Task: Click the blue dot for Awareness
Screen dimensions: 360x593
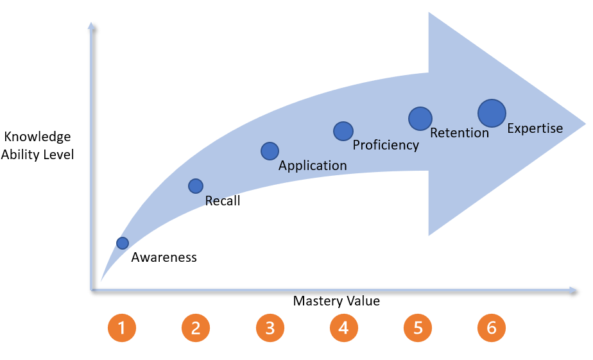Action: pos(123,243)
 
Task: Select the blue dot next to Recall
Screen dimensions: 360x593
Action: pos(196,186)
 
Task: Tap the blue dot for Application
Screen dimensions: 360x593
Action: pos(270,151)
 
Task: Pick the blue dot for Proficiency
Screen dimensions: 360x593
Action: pos(343,131)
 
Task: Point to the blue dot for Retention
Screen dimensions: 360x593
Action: pos(420,118)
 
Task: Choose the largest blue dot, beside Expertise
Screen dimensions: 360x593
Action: pos(492,113)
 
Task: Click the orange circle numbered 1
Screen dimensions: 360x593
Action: pos(122,328)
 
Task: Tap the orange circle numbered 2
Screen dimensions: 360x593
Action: pos(196,328)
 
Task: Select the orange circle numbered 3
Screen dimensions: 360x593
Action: pos(270,328)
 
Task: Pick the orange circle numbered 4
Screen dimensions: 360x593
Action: pos(344,328)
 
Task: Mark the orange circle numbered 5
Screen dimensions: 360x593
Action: pos(418,328)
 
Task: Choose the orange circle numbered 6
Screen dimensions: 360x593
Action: pos(492,328)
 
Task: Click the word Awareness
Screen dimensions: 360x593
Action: pos(164,258)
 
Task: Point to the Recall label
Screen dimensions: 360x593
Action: pos(223,201)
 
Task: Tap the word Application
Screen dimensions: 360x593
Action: pos(313,166)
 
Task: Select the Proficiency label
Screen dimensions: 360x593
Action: pos(386,145)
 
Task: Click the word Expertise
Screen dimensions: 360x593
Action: pos(535,128)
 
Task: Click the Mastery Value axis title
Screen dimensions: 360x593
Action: pos(336,300)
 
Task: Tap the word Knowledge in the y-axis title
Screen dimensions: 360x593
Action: pos(37,137)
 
